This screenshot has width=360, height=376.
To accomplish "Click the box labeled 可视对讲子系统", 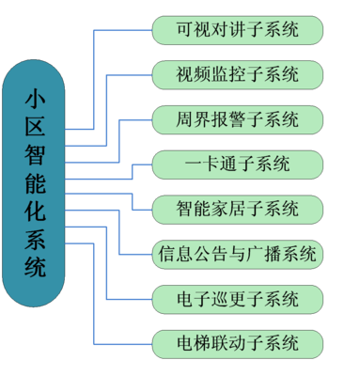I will (x=237, y=30).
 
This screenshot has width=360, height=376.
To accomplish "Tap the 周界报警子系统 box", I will (x=237, y=119).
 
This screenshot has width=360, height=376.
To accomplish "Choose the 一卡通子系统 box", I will (x=237, y=164).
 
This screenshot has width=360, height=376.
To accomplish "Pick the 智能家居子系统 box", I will (x=237, y=209).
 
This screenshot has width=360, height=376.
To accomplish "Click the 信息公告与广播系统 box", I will (x=237, y=254).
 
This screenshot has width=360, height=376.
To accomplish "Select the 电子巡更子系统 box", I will (x=237, y=299).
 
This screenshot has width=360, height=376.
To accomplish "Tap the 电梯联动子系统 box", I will (x=237, y=343).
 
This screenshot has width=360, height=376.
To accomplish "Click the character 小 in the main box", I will (x=35, y=98).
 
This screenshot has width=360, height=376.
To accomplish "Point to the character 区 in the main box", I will (x=35, y=126).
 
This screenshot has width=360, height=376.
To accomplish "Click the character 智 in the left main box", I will (x=35, y=154).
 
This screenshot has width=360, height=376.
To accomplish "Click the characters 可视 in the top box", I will (x=192, y=30).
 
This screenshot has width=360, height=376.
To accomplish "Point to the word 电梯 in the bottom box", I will (x=192, y=343).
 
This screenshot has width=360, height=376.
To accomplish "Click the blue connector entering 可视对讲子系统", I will (x=122, y=30).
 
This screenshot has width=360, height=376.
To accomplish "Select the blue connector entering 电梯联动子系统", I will (x=122, y=343).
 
